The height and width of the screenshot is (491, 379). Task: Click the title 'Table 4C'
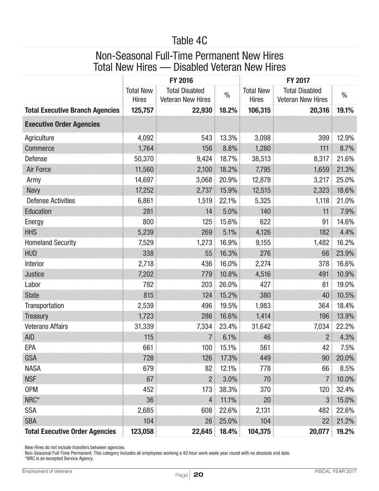click(189, 40)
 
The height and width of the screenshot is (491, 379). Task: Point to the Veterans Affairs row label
click(46, 326)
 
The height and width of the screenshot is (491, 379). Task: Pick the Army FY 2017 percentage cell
click(345, 180)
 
